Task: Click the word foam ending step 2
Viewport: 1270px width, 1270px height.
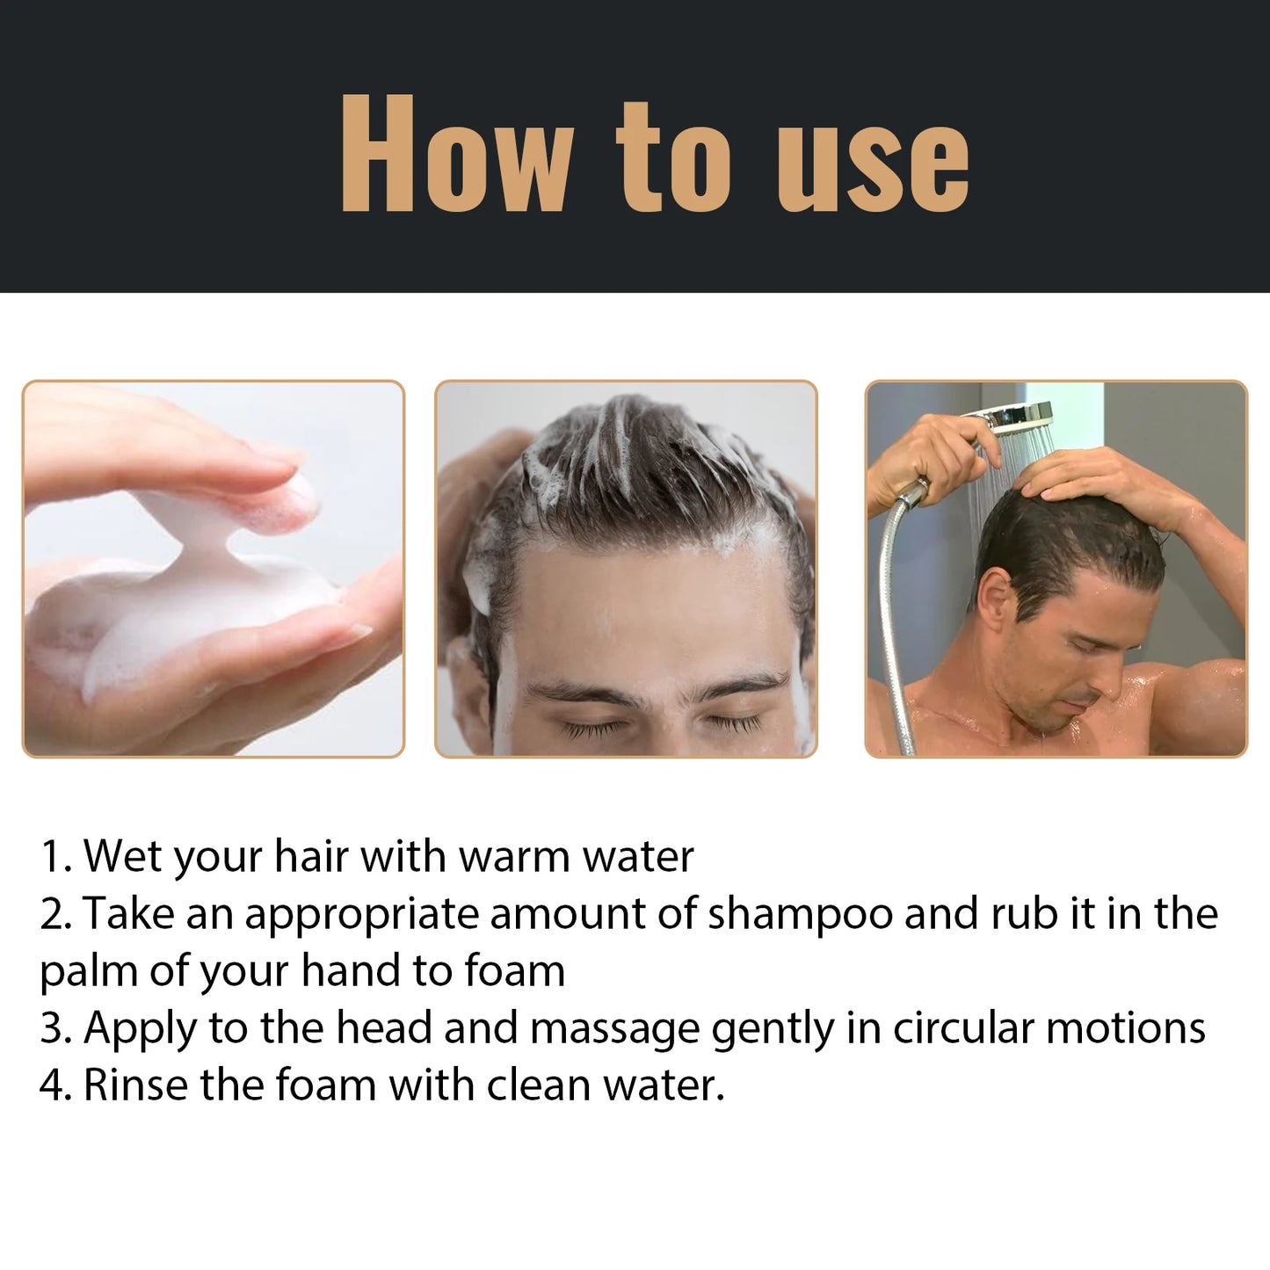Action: [x=514, y=971]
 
